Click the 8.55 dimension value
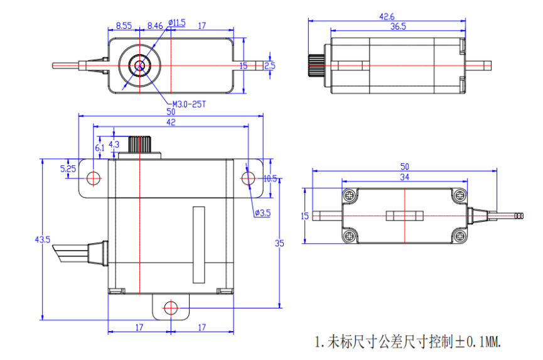click(x=124, y=26)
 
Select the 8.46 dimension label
click(x=155, y=26)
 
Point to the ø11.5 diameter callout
click(x=176, y=23)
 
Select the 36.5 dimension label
click(x=398, y=27)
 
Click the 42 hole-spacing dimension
click(x=171, y=123)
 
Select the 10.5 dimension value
click(x=270, y=178)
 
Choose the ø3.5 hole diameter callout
click(x=262, y=213)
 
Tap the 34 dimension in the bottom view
click(x=405, y=178)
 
